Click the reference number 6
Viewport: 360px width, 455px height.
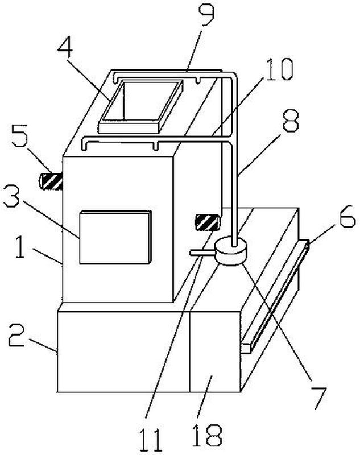[345, 218]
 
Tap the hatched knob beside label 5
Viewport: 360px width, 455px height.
[50, 181]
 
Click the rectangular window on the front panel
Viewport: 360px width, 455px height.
[115, 237]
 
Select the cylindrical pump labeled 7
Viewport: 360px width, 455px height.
[231, 251]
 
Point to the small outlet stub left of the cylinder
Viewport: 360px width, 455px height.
[200, 253]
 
